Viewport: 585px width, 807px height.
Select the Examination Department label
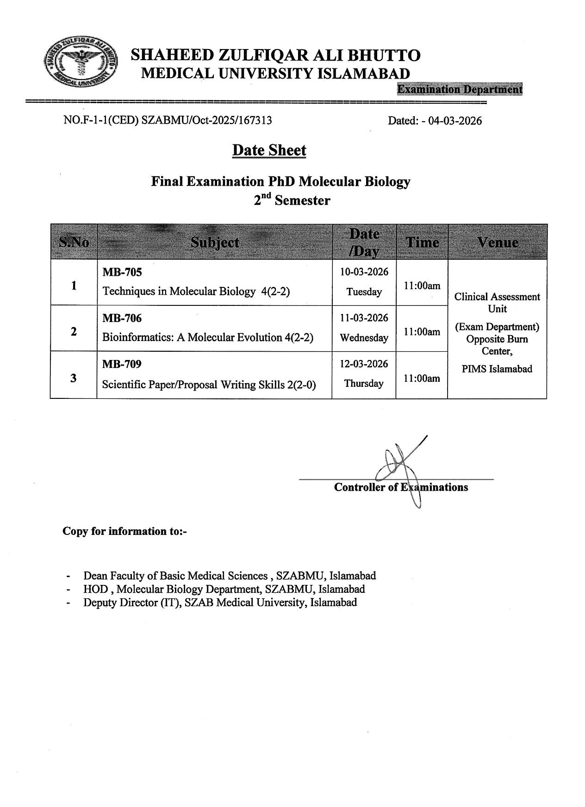tap(460, 89)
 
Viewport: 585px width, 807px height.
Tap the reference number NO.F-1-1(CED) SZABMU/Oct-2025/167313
tap(168, 121)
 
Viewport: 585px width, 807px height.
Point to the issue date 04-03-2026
tap(455, 121)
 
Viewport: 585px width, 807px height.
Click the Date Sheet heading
tap(269, 150)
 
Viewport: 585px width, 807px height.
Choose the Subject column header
tap(215, 242)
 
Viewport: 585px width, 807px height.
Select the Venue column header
tap(498, 242)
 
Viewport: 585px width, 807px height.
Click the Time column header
tap(422, 242)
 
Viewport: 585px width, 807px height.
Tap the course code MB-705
tap(122, 272)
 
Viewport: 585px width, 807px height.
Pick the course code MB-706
tap(122, 318)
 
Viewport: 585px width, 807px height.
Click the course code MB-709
tap(122, 364)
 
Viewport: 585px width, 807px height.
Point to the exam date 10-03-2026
tap(364, 272)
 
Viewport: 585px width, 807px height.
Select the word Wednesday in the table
tap(364, 338)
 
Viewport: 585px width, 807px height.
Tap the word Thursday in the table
tap(364, 384)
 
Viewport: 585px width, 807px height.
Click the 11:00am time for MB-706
tap(422, 332)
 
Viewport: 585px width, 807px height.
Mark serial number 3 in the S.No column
tap(74, 378)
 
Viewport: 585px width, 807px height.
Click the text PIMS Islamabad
tap(497, 369)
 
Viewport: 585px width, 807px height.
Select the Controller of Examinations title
tap(401, 487)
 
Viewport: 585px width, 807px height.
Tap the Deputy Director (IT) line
tap(220, 602)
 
